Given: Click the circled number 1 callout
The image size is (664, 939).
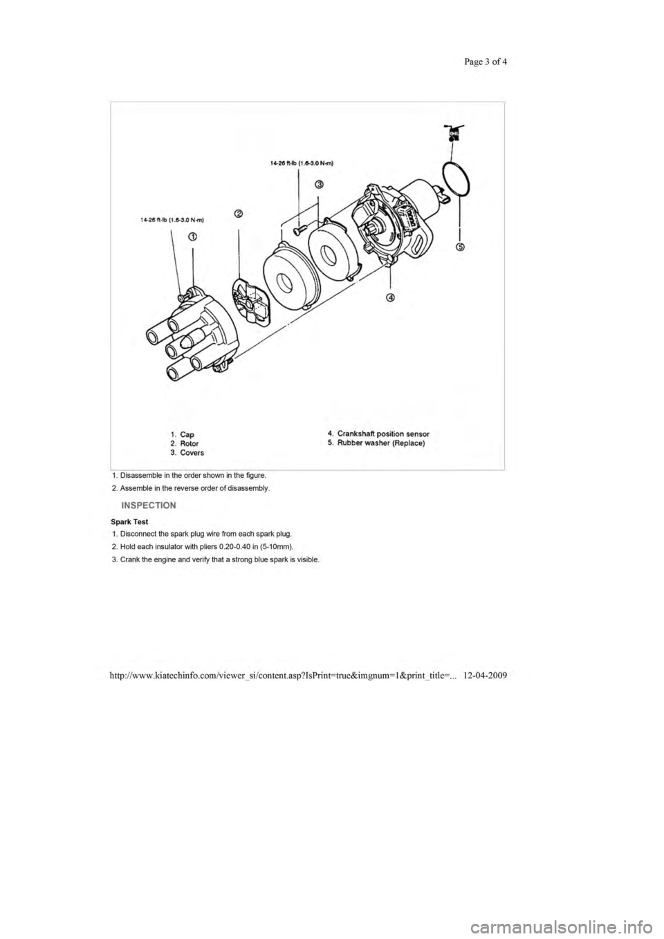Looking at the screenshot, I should click(x=192, y=236).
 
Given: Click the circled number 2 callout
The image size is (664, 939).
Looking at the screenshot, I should click(x=238, y=214).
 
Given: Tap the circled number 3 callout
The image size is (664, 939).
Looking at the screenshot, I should click(x=319, y=185).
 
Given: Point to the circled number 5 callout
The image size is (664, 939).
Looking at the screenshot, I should click(x=460, y=247).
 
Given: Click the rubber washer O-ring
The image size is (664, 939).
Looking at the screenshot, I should click(x=456, y=179).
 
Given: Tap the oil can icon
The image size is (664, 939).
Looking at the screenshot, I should click(x=454, y=133).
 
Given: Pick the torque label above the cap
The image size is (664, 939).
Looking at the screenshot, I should click(x=172, y=219).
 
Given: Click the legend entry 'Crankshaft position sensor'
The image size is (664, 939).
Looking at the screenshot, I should click(x=378, y=434).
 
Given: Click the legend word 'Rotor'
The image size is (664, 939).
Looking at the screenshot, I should click(x=189, y=443).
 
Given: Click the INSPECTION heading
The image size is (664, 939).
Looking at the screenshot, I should click(x=149, y=505).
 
